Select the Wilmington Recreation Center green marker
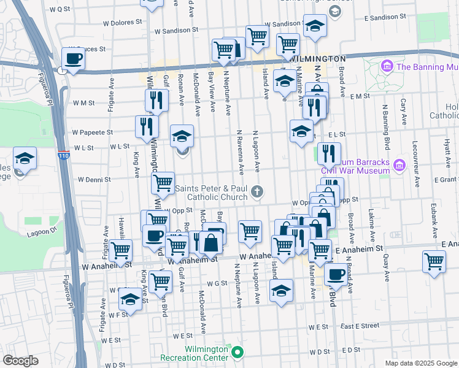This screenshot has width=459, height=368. (237, 353)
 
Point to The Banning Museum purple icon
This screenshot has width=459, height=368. (387, 66)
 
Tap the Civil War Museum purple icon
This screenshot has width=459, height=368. (399, 164)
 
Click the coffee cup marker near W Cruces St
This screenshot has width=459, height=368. (72, 59)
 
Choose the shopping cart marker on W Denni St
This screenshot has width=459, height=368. (163, 182)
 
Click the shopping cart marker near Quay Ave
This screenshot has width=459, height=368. (434, 261)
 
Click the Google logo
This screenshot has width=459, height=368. (20, 361)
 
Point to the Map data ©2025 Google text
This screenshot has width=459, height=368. (421, 363)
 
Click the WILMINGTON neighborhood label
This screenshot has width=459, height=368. (317, 58)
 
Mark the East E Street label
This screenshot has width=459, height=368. (355, 326)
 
